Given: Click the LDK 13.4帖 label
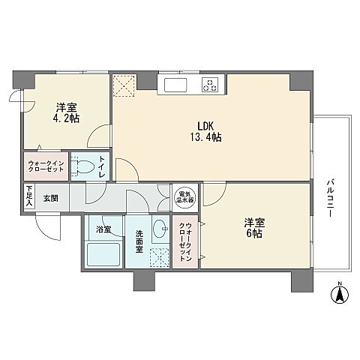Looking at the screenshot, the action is (x=206, y=132).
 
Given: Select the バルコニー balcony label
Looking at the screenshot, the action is (x=330, y=198).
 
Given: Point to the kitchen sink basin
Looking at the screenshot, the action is (x=175, y=85).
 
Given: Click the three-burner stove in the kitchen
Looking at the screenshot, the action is (x=210, y=85).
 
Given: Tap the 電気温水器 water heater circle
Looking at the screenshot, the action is (x=185, y=197).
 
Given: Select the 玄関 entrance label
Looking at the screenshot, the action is (x=51, y=199).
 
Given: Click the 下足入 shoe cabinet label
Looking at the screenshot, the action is (x=29, y=196).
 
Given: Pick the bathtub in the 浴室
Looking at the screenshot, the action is (x=103, y=255).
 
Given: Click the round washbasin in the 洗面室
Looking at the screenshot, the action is (x=160, y=229).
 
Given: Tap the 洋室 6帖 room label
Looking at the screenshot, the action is (x=254, y=228).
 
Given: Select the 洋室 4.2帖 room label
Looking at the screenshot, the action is (x=67, y=113).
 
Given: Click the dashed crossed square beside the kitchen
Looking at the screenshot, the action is (x=124, y=85).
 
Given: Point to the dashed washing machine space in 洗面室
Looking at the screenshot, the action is (x=159, y=258).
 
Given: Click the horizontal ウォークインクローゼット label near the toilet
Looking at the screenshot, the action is (x=46, y=166).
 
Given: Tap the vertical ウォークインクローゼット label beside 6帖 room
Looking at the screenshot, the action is (x=185, y=241).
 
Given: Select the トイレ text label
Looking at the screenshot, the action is (x=102, y=166).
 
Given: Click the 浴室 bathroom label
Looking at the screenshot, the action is (x=103, y=229).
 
